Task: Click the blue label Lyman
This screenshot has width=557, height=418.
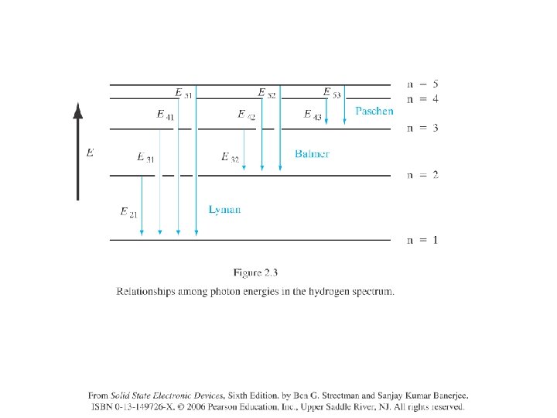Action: (x=224, y=210)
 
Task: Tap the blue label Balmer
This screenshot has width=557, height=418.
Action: (x=312, y=154)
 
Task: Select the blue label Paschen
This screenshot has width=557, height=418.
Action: (x=374, y=111)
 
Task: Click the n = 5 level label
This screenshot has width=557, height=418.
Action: (x=422, y=84)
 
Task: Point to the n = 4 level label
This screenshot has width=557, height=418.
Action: (x=422, y=99)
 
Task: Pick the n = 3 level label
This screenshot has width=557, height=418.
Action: (x=422, y=128)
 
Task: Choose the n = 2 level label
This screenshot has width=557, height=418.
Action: (x=422, y=175)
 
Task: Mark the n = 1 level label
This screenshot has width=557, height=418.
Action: (x=422, y=240)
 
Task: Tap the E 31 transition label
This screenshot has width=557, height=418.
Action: (x=145, y=157)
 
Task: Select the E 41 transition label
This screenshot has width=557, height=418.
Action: (x=165, y=115)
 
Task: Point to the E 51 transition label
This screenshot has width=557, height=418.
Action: (x=183, y=94)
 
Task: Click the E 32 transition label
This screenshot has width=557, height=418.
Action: (x=230, y=157)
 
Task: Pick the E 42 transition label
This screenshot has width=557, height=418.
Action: (x=247, y=115)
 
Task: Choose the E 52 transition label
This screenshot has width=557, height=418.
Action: (x=266, y=94)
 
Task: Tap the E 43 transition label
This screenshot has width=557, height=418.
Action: (x=313, y=115)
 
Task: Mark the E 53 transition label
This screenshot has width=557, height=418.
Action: (x=331, y=94)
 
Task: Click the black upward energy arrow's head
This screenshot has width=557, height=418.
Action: (x=77, y=110)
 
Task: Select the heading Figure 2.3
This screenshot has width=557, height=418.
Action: (x=255, y=272)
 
